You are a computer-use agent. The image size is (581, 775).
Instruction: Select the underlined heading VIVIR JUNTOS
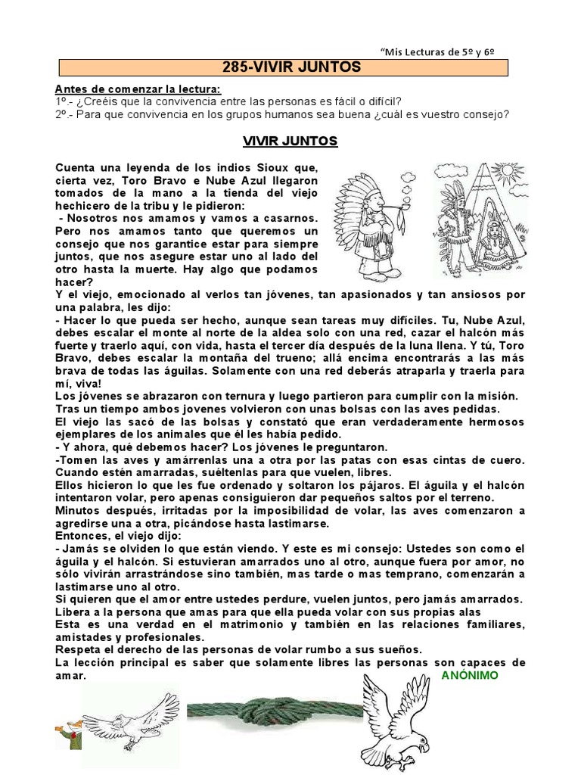point(290,142)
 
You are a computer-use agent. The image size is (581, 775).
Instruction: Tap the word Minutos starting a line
point(79,511)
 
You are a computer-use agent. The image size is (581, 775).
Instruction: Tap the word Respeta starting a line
point(78,649)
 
